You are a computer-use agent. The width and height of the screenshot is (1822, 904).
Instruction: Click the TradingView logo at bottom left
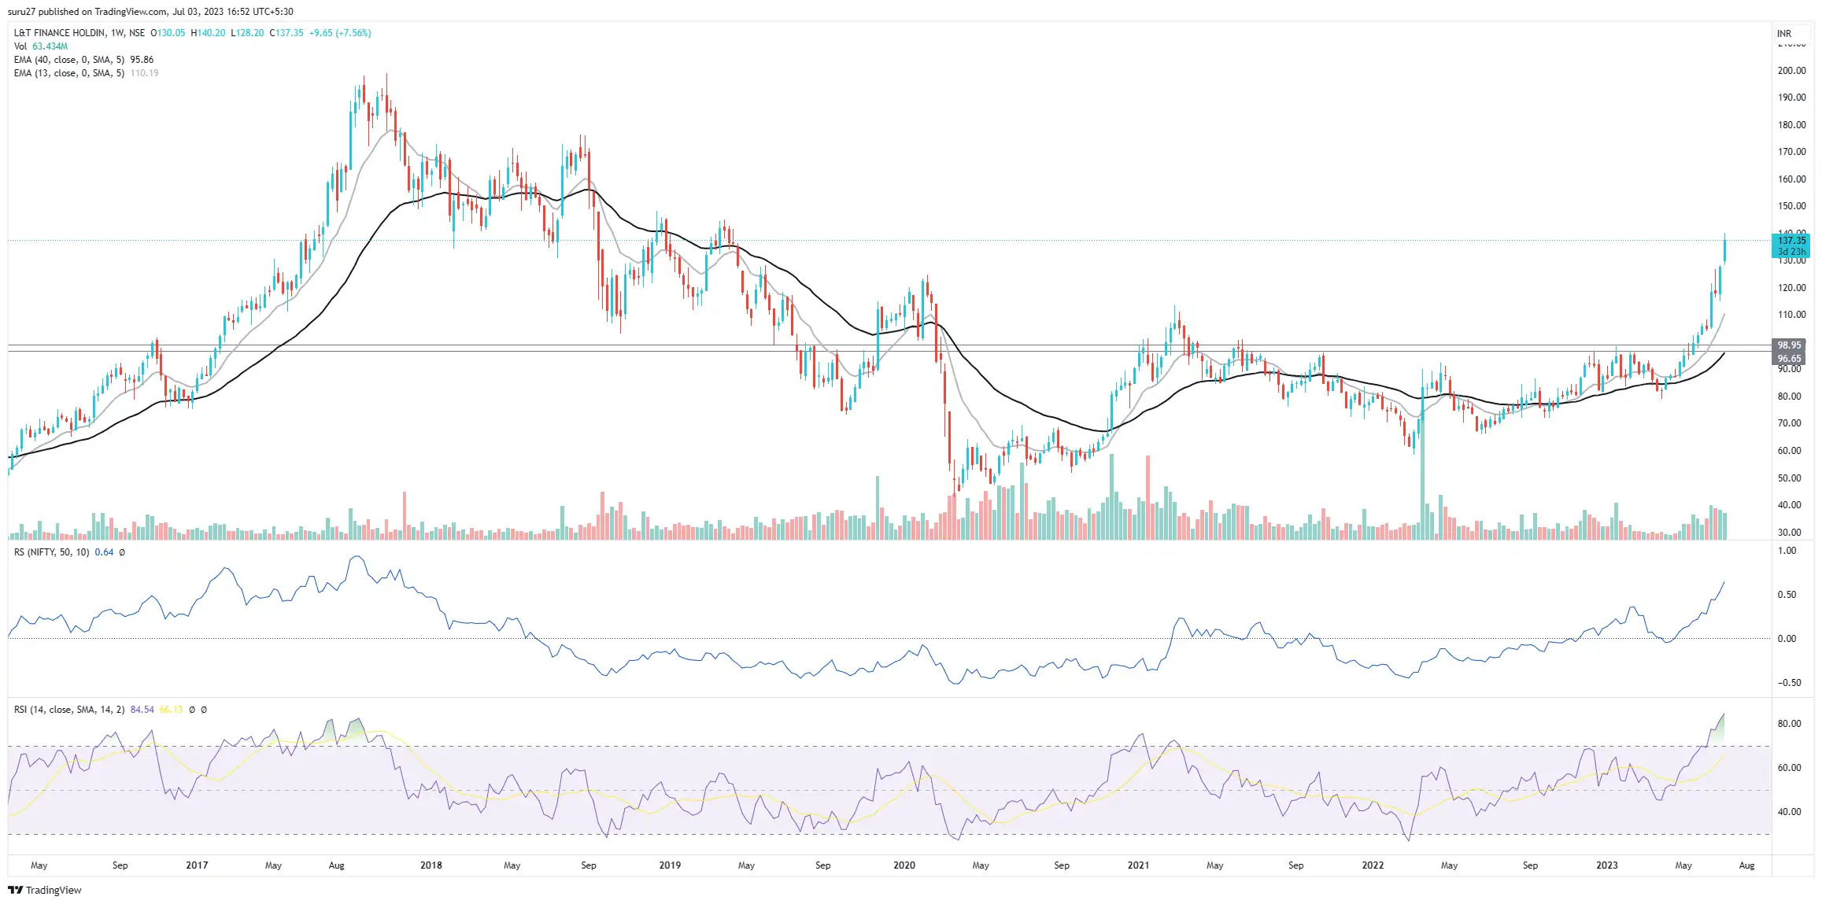click(45, 890)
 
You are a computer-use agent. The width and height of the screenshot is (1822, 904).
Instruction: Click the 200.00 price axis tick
click(1791, 71)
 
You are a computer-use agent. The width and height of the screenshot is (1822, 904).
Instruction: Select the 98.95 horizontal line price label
click(1789, 345)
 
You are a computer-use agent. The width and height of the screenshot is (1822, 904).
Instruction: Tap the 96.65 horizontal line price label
click(1789, 359)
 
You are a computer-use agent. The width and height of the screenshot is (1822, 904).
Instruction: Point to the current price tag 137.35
click(1791, 241)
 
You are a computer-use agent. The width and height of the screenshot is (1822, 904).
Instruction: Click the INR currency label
click(1784, 34)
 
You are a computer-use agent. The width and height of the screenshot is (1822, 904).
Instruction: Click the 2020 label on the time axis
click(904, 865)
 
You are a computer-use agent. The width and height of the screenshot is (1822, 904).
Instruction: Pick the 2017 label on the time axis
click(197, 865)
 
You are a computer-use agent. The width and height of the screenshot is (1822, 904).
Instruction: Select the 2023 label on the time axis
click(1606, 865)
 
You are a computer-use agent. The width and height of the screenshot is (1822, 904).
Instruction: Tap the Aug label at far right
click(1746, 865)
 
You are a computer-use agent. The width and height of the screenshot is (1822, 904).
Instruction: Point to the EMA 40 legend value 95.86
click(142, 60)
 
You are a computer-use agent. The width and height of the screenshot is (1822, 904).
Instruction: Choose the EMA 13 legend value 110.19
click(144, 73)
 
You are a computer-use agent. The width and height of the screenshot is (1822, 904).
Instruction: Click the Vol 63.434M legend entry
click(41, 46)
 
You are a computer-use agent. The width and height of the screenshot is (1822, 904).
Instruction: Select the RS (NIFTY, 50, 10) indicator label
click(52, 552)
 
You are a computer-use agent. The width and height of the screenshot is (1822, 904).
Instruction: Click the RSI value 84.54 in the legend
click(142, 710)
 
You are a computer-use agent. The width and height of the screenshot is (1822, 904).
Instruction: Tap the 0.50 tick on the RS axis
click(1787, 595)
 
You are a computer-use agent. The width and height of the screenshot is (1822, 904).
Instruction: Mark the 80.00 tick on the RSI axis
click(1789, 724)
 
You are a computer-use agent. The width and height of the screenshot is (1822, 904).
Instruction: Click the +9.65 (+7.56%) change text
click(339, 33)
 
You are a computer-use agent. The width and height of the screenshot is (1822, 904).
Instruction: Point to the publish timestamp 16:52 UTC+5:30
click(260, 12)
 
